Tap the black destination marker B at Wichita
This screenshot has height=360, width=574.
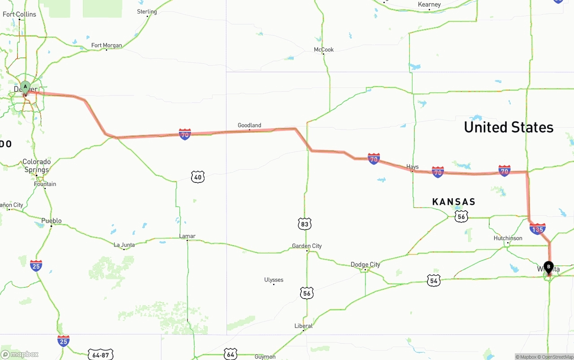point(548,267)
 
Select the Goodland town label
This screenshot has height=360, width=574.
point(249,126)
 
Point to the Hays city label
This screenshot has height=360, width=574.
point(412,167)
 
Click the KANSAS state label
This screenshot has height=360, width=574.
point(453,202)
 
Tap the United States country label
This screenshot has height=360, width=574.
point(509,127)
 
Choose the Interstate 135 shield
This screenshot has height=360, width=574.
point(537,229)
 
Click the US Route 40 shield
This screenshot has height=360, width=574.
point(198,177)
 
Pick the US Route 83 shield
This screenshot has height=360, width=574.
point(304,224)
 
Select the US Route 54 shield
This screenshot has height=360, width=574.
point(434,281)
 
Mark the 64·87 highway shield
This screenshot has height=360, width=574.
point(100,355)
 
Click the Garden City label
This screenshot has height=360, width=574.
point(307,246)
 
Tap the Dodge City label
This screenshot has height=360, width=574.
point(365,265)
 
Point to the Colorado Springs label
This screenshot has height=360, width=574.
point(36,165)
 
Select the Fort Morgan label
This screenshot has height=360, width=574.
point(106,45)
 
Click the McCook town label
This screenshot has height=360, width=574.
point(323,50)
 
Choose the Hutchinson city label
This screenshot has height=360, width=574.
point(508,238)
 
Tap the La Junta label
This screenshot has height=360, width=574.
point(124,245)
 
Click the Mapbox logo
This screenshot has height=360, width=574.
point(20,354)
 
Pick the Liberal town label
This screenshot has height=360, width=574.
point(304,326)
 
